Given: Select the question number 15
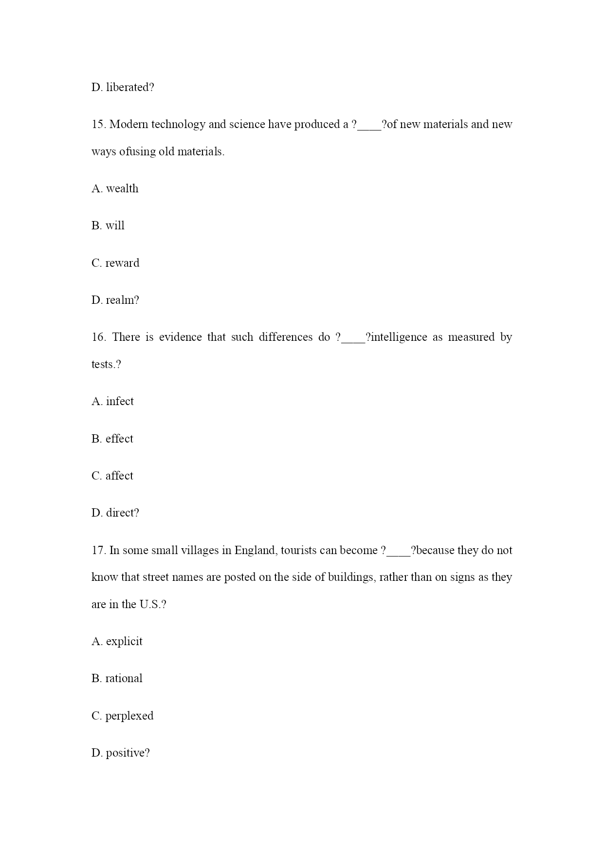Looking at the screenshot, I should [98, 125].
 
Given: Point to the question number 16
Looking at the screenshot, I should [99, 337].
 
